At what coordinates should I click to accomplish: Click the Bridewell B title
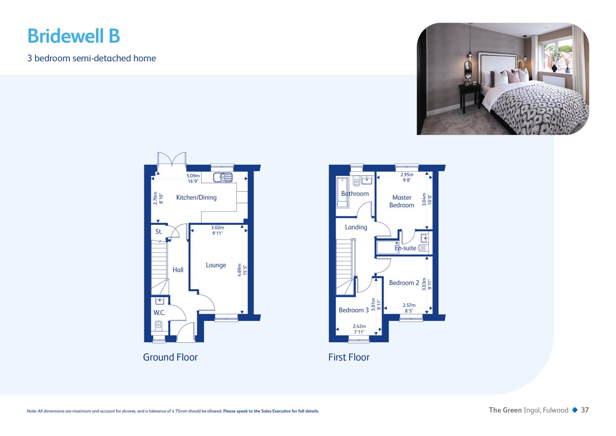pyautogui.click(x=74, y=36)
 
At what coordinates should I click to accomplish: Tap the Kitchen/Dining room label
pyautogui.click(x=196, y=197)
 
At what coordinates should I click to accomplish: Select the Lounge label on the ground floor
pyautogui.click(x=216, y=265)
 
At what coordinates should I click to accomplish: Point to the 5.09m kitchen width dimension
pyautogui.click(x=193, y=176)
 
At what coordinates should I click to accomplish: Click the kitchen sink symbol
pyautogui.click(x=223, y=177)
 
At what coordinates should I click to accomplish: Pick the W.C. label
pyautogui.click(x=159, y=313)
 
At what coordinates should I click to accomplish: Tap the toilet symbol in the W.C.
pyautogui.click(x=158, y=325)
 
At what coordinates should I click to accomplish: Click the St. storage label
pyautogui.click(x=159, y=231)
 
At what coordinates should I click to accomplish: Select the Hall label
pyautogui.click(x=178, y=270)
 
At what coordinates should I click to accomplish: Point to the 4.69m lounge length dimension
pyautogui.click(x=239, y=270)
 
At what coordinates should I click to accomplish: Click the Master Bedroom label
pyautogui.click(x=402, y=201)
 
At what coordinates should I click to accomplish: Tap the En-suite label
pyautogui.click(x=405, y=248)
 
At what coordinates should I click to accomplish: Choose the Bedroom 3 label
pyautogui.click(x=354, y=310)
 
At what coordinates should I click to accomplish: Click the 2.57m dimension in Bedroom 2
pyautogui.click(x=409, y=305)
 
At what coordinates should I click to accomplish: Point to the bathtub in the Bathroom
pyautogui.click(x=342, y=193)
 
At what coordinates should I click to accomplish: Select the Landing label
pyautogui.click(x=356, y=227)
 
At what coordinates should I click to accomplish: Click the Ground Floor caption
pyautogui.click(x=170, y=357)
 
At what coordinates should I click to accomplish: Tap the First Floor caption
pyautogui.click(x=349, y=357)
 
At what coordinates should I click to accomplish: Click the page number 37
pyautogui.click(x=585, y=410)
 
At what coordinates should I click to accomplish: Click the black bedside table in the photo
pyautogui.click(x=470, y=98)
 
